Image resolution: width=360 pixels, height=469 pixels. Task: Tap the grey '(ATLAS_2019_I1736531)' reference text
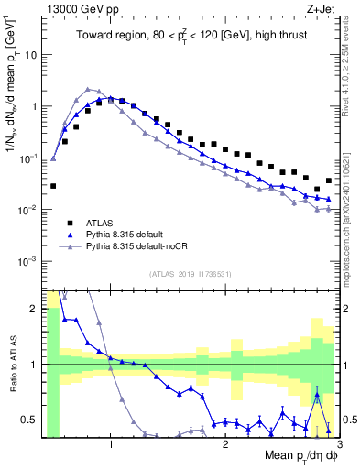[x=191, y=274]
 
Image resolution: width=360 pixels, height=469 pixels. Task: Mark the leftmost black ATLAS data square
[x=53, y=186]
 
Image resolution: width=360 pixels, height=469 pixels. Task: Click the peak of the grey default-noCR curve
[x=87, y=89]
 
